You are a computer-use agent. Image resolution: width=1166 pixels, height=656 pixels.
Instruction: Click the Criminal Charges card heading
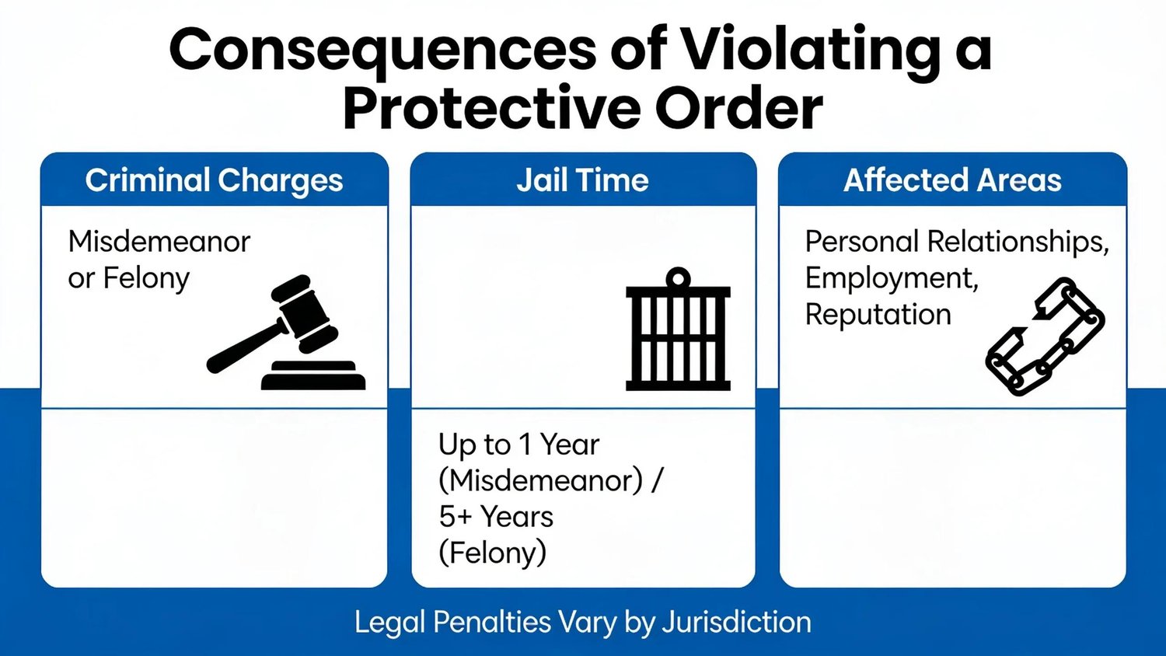pos(214,180)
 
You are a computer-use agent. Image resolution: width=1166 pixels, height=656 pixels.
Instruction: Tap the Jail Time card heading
pos(582,180)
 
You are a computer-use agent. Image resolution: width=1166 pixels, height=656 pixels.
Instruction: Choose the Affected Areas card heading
pos(952,180)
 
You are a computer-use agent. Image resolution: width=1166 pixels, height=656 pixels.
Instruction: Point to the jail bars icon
pos(678,329)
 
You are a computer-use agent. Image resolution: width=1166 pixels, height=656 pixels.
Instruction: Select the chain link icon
pos(1046,337)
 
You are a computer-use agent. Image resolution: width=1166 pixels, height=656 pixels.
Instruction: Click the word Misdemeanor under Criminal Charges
pos(159,242)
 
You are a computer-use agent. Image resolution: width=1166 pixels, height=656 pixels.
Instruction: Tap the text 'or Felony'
pos(128,278)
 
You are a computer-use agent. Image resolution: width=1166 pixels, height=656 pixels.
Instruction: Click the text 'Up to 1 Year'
pos(519,445)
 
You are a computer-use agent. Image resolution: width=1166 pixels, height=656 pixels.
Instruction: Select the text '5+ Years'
pos(496,516)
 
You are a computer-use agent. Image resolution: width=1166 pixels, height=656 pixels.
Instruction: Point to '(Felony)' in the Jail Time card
pos(492,553)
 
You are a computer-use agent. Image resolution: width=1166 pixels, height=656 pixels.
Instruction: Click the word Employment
pos(892,278)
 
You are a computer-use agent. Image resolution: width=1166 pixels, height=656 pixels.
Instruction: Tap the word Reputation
pos(878,315)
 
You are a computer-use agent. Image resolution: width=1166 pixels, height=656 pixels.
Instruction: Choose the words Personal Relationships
pos(957,242)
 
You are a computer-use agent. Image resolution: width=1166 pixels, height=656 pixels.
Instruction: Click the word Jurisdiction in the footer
pos(737,622)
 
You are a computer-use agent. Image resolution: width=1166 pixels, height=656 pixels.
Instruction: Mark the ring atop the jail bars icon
pos(678,278)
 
